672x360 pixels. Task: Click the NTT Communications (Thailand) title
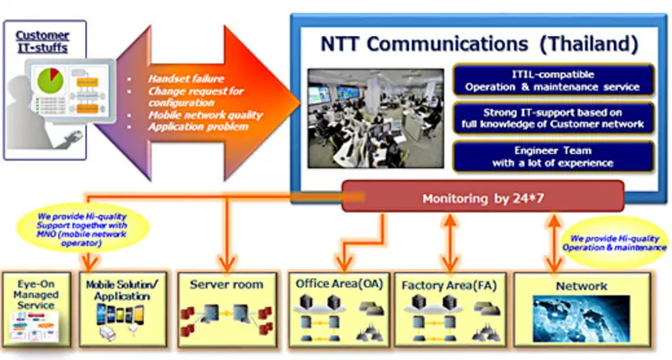click(479, 42)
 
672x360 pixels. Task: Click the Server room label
click(227, 284)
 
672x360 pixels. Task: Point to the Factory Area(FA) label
click(448, 282)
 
